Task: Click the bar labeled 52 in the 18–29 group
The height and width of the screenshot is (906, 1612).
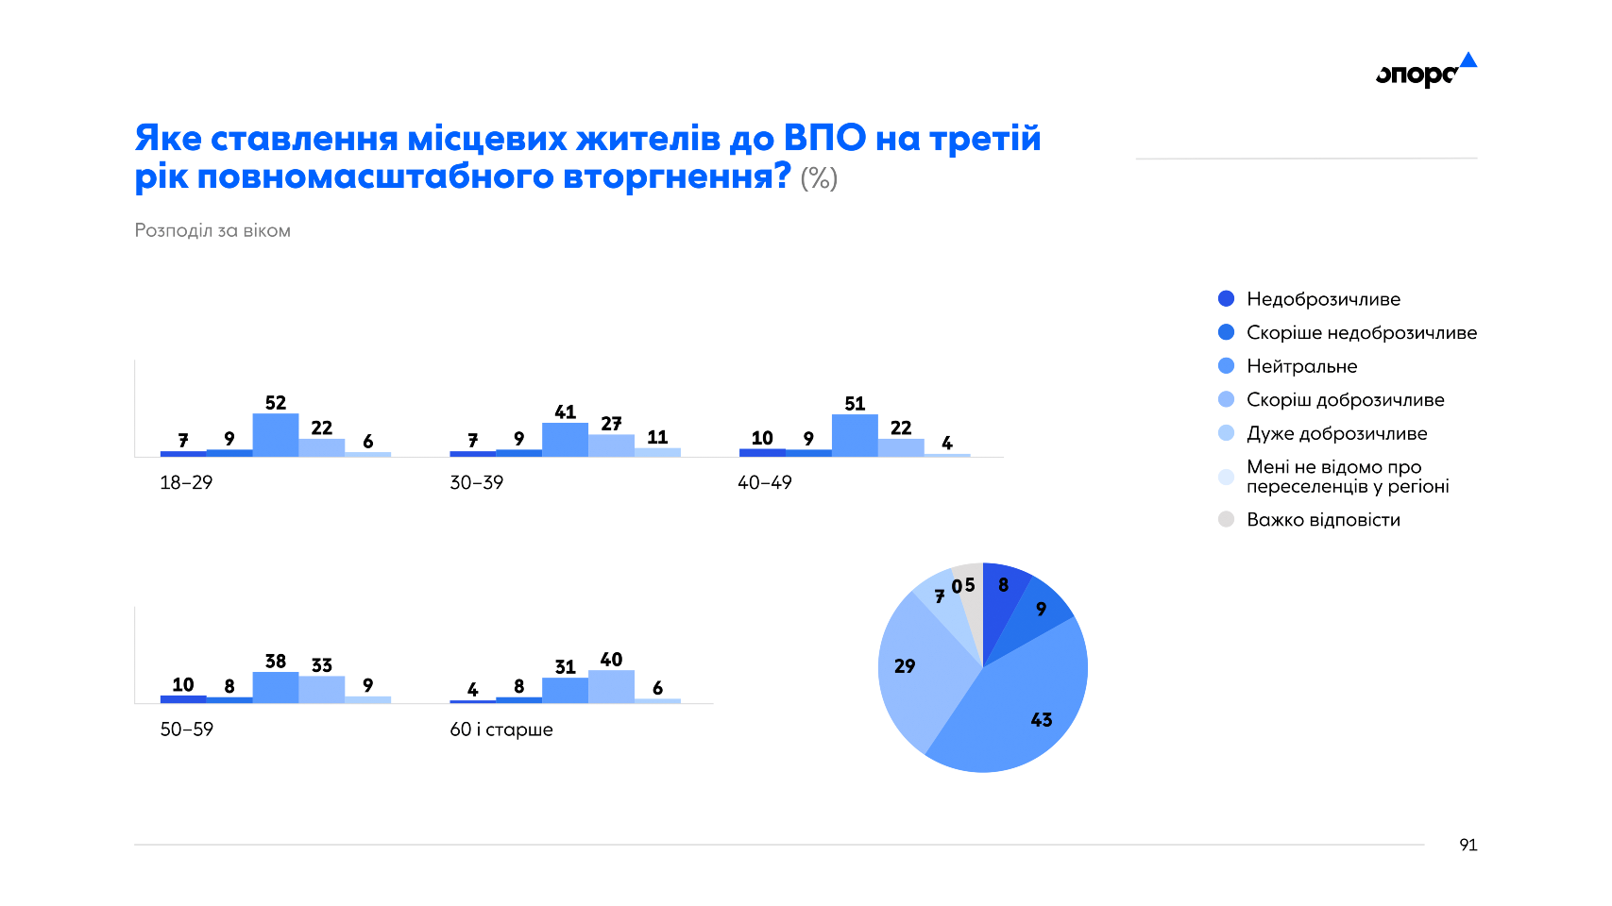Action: coord(276,435)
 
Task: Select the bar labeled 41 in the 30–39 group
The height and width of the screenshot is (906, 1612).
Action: coord(565,440)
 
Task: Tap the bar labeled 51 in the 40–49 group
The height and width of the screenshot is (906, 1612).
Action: coord(855,436)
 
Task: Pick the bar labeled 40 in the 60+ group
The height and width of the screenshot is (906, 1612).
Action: coord(611,687)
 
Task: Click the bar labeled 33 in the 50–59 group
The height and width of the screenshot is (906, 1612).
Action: coord(322,690)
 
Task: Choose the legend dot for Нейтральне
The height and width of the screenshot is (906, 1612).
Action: coord(1227,366)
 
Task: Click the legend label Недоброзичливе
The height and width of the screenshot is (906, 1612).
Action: coord(1323,299)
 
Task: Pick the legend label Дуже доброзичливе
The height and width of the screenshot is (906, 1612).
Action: coord(1337,433)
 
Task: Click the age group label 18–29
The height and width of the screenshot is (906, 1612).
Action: coord(186,482)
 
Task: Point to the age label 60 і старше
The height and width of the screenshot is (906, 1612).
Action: coord(501,730)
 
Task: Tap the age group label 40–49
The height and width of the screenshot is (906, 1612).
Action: coord(765,482)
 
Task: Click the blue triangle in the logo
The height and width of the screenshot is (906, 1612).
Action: coord(1468,60)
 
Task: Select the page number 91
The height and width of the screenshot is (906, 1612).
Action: coord(1468,845)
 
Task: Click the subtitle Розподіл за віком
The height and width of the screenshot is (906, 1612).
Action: coord(212,231)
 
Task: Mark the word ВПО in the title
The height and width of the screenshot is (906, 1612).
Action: coord(824,138)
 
